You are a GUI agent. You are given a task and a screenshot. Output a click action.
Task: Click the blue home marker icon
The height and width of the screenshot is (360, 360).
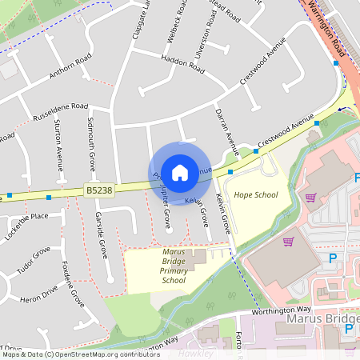pos(180,171)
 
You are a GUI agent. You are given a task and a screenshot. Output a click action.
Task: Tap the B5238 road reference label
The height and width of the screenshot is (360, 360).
pos(97,190)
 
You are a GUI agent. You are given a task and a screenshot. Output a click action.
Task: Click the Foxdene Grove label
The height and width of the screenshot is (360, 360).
pos(74,286)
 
